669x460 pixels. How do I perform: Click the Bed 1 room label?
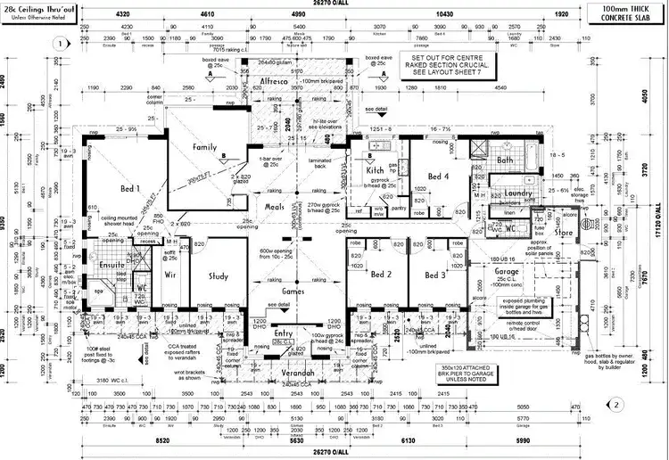click(131, 188)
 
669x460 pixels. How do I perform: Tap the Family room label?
click(205, 146)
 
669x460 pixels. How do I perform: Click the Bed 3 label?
click(435, 275)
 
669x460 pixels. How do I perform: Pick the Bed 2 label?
click(382, 275)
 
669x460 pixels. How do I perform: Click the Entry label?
click(285, 333)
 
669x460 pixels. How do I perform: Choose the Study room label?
click(219, 276)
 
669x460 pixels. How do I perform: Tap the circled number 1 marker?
click(59, 43)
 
